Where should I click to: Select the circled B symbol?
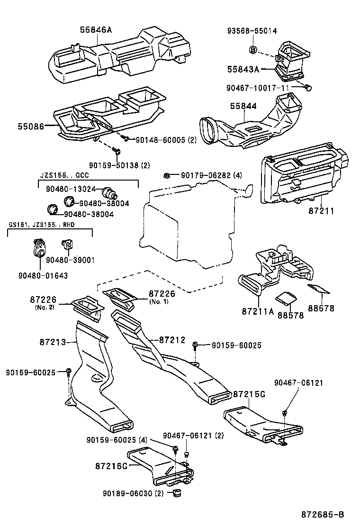point(253,49)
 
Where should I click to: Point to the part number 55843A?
point(243,69)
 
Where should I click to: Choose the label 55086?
point(31,127)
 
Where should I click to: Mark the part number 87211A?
point(259,312)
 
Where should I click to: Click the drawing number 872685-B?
point(323,514)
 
